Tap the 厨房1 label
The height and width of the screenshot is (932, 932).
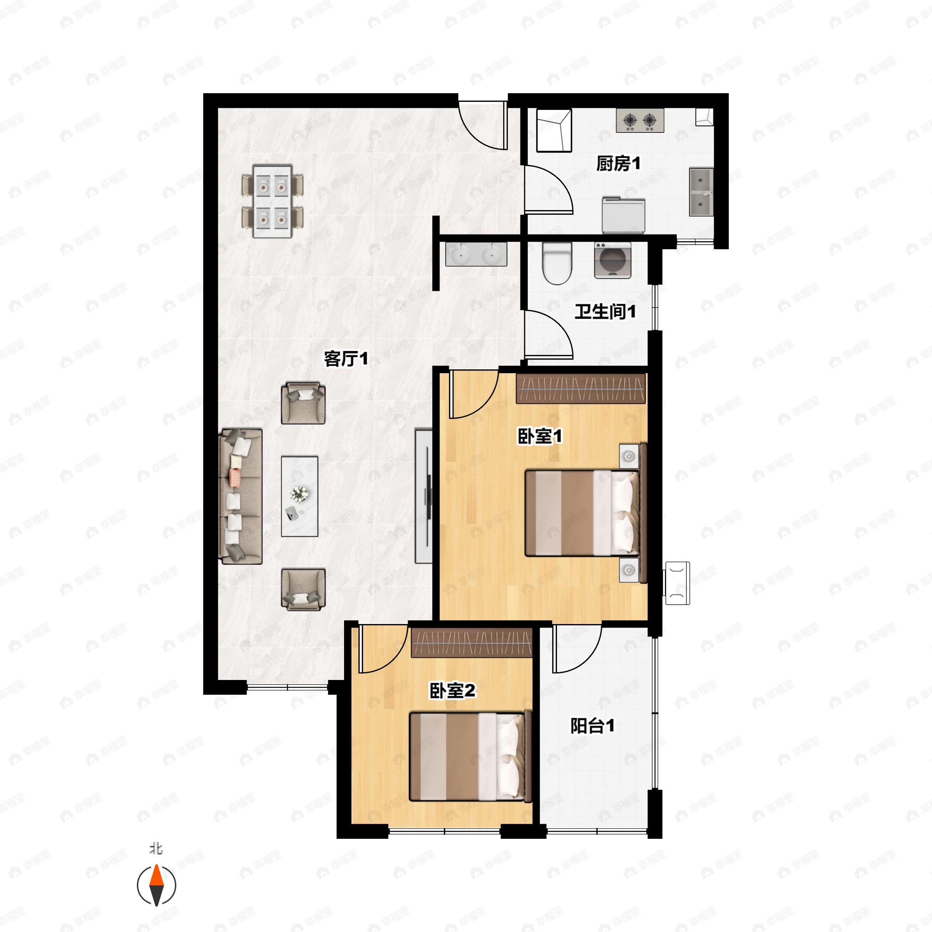[618, 164]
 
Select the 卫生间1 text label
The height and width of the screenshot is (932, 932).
[605, 311]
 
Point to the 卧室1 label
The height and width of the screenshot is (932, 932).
[540, 436]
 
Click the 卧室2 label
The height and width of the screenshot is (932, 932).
[452, 691]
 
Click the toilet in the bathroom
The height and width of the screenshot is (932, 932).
[557, 263]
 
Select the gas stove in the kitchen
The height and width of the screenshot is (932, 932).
[640, 120]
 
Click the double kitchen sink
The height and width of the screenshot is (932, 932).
[701, 192]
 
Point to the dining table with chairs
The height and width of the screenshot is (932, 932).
[273, 201]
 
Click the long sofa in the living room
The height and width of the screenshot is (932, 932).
[241, 496]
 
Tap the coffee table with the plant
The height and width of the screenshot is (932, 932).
[299, 496]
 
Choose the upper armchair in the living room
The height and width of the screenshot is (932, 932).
[303, 403]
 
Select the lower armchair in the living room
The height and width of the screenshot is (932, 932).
[303, 589]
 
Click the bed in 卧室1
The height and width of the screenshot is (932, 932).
[582, 513]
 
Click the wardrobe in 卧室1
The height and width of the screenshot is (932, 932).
[581, 388]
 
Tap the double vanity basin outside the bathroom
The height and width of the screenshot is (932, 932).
[476, 254]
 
